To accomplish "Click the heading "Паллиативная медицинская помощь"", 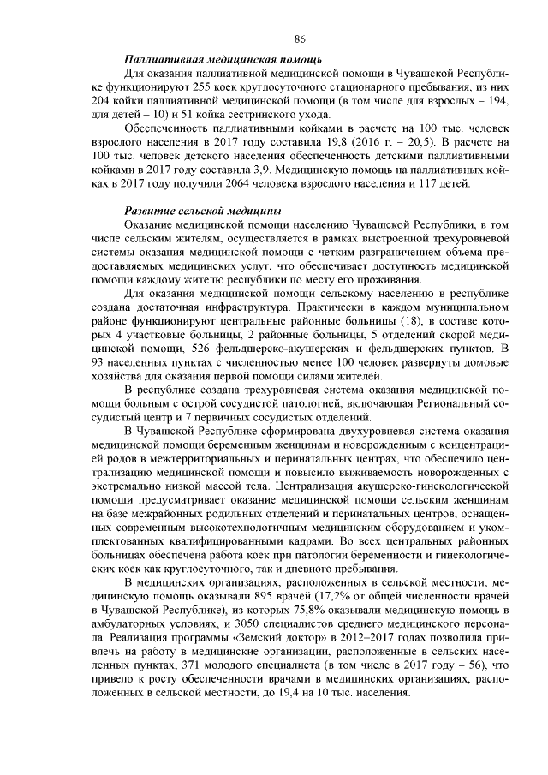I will [223, 62].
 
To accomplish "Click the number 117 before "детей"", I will [435, 186].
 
